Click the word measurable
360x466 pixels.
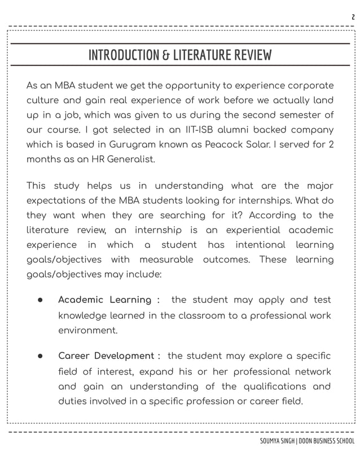(x=166, y=260)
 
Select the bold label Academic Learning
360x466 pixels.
(x=104, y=300)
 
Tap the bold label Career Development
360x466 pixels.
(x=106, y=357)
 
